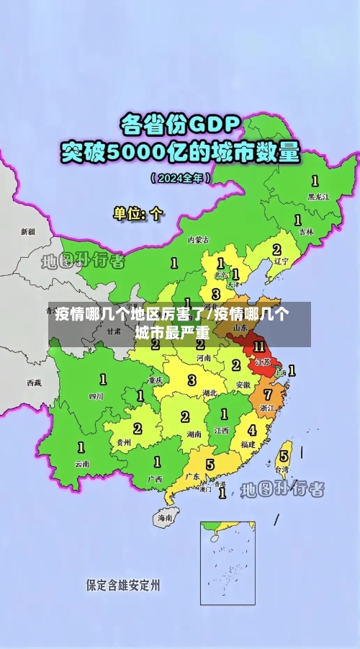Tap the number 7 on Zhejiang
[268, 394]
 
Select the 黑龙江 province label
[318, 196]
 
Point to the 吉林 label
[306, 232]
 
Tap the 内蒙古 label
[198, 239]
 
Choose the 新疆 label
[27, 232]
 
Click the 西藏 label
[34, 382]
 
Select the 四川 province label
[96, 395]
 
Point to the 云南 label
[82, 464]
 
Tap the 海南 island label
[165, 517]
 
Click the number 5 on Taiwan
[284, 456]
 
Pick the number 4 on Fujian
[252, 430]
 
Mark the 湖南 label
[193, 434]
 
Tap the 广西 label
[155, 478]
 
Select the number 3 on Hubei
[192, 380]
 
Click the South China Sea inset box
[228, 563]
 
